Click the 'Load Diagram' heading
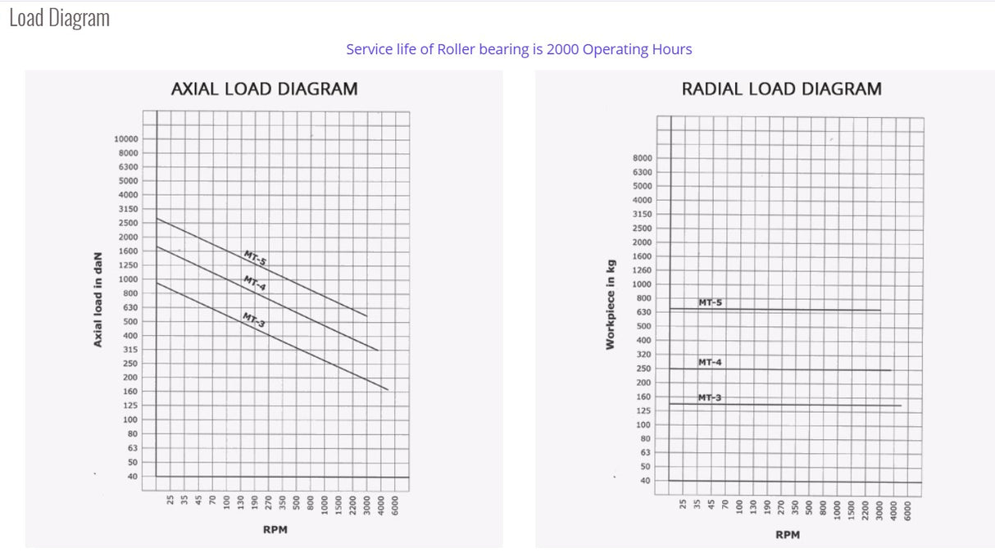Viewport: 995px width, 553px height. coord(59,18)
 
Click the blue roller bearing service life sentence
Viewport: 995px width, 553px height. coord(519,49)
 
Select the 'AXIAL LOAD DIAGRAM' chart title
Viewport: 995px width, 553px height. coord(264,88)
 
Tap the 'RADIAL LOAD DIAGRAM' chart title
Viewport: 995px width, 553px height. coord(781,88)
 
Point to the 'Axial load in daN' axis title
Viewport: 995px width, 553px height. coord(98,300)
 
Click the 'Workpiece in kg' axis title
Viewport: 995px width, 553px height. coord(610,304)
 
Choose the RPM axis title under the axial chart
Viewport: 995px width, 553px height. coord(275,530)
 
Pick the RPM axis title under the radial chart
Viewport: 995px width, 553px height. coord(787,534)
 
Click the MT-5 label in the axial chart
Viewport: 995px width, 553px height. coord(255,258)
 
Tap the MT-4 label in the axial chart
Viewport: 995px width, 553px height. coord(254,284)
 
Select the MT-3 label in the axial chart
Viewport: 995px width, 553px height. coord(253,320)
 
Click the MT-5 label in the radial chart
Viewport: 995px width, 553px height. coord(710,302)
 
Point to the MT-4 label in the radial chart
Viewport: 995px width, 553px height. coord(710,362)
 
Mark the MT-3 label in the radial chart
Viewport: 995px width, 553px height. coord(710,397)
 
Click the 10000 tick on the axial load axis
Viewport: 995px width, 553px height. coord(126,138)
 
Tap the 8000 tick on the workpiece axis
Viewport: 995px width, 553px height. coord(642,158)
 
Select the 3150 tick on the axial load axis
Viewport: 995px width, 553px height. coord(128,209)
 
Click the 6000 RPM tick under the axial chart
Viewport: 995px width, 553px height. coord(395,505)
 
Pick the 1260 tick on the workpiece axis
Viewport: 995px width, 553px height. coord(642,270)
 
